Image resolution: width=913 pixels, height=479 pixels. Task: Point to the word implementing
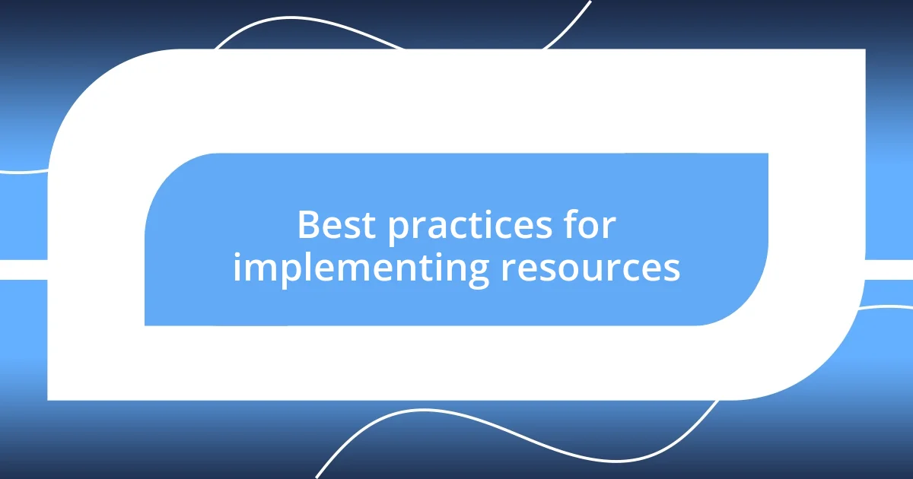tap(361, 268)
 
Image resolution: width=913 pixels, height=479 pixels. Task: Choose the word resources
tap(590, 268)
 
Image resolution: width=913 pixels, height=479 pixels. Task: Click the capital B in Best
tap(308, 226)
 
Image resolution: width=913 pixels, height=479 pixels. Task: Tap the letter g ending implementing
tap(479, 272)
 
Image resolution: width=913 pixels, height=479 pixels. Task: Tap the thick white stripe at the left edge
tap(23, 269)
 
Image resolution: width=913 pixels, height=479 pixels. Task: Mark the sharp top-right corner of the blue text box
tap(766, 155)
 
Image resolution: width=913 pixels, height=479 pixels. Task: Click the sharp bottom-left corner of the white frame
tap(49, 398)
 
